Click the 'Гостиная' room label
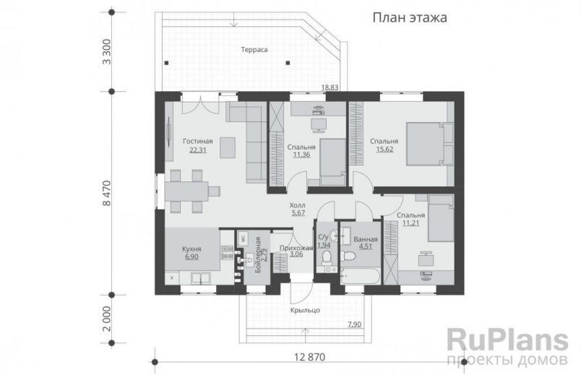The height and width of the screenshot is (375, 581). coord(197,141)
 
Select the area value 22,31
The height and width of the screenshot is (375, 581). coord(197,150)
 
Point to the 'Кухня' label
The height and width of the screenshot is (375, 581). coord(191,249)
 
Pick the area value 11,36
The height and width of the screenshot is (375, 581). coord(302,154)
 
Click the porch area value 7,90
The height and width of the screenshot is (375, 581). coord(354,324)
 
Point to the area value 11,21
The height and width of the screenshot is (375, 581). coord(410,224)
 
